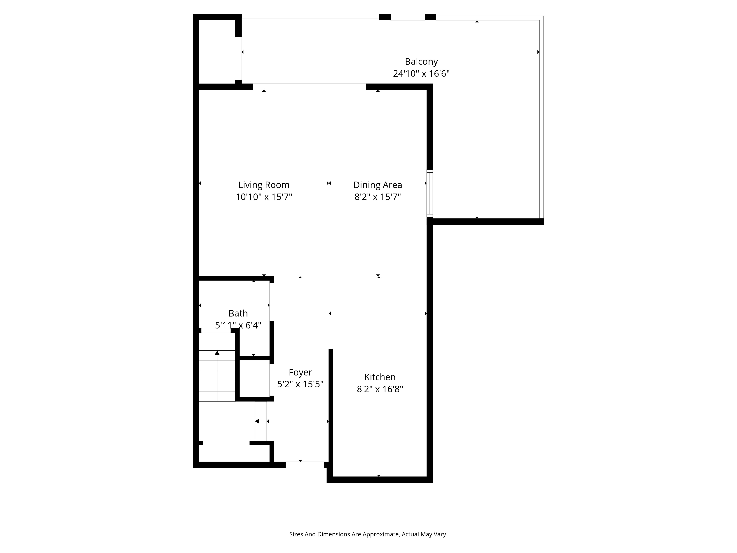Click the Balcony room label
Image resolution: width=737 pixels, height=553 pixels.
421,62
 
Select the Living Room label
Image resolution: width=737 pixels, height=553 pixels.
263,185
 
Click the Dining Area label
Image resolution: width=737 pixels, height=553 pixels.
378,185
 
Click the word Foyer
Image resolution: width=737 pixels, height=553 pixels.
300,372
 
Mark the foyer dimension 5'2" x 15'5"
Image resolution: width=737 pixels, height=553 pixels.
300,384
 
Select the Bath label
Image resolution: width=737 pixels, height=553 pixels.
238,313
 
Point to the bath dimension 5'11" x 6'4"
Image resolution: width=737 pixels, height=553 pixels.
238,325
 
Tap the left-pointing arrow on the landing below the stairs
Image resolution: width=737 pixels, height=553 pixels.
257,421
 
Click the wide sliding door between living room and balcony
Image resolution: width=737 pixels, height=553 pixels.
309,87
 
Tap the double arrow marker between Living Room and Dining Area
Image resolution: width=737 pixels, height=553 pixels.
329,183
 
